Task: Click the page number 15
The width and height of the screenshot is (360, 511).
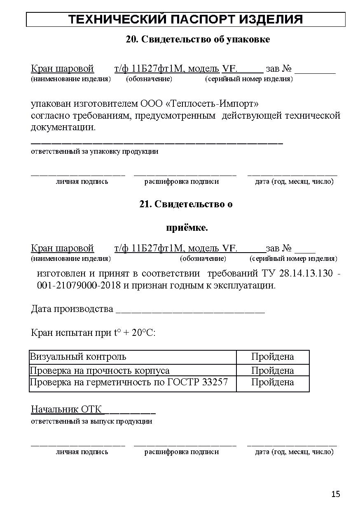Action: point(336,494)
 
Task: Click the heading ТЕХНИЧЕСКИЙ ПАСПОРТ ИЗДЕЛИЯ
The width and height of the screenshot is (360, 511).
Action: point(185,19)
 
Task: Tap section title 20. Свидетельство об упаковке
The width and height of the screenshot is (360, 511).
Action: point(198,39)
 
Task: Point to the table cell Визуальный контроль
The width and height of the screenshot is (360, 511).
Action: point(78,357)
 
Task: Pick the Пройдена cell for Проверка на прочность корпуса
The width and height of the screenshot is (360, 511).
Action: point(272,370)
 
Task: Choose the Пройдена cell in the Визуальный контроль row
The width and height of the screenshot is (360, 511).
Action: point(272,357)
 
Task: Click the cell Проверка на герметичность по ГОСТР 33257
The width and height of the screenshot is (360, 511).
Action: point(129,382)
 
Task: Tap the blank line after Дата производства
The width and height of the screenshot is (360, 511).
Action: point(190,310)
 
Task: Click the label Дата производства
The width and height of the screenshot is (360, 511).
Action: point(72,309)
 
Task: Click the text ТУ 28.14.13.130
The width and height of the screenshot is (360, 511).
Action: point(297,274)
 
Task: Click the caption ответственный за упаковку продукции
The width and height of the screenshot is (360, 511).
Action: point(95,151)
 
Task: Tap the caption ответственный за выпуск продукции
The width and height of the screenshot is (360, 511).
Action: point(91,421)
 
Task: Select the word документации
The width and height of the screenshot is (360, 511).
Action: point(63,127)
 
